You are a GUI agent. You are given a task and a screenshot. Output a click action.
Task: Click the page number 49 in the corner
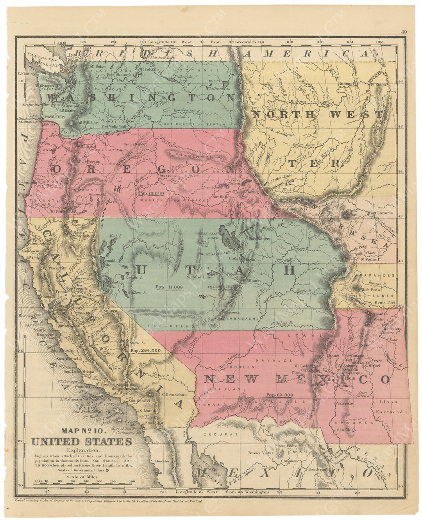tap(404, 33)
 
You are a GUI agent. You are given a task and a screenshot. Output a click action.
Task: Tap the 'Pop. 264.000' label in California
tap(146, 351)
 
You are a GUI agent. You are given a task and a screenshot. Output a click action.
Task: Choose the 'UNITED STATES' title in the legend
tap(82, 442)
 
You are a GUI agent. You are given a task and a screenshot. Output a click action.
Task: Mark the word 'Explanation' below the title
tap(82, 450)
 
